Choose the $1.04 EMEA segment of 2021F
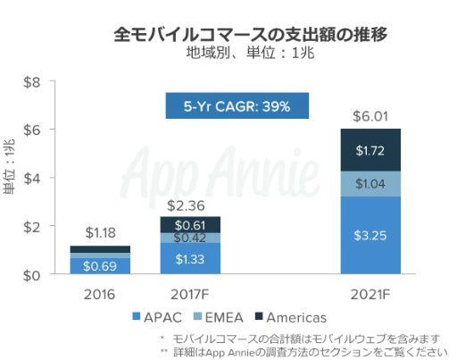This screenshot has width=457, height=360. pos(370,183)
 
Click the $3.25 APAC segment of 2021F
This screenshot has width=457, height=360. pos(370,235)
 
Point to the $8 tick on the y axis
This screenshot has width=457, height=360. pos(32,82)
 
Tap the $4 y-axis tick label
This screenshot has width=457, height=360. pos(32,179)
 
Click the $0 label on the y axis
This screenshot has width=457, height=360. pos(32,275)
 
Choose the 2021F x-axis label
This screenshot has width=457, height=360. pos(370,293)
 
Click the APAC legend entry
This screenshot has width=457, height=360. pos(159,316)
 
